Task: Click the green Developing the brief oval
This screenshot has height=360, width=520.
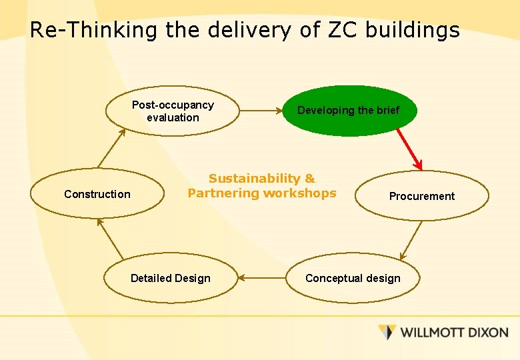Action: [349, 111]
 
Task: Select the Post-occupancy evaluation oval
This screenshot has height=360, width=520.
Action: [173, 111]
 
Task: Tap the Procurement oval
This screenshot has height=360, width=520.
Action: [422, 196]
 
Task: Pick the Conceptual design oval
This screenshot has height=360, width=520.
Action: [353, 278]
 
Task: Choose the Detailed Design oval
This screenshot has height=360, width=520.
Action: [171, 278]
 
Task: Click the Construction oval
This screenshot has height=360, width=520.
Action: [97, 194]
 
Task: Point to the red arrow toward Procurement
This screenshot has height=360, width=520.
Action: [409, 148]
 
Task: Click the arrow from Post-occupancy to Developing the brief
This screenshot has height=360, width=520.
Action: [260, 111]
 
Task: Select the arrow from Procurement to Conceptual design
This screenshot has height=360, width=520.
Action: [411, 240]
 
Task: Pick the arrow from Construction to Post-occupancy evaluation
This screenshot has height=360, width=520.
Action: [111, 148]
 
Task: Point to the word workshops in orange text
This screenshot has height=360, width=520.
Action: [299, 193]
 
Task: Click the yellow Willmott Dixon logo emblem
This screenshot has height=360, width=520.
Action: [387, 331]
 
